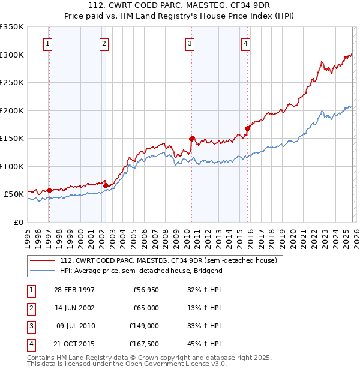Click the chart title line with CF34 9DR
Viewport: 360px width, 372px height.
coord(179,5)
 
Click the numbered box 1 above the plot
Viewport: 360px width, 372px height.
coord(47,43)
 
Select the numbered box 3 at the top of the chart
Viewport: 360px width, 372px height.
coord(190,43)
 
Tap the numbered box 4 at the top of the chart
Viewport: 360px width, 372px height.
coord(246,43)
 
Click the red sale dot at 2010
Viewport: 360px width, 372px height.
coord(192,139)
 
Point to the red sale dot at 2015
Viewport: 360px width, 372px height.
coord(248,128)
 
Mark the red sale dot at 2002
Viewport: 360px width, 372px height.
coord(106,185)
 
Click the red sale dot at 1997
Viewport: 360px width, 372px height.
coord(49,190)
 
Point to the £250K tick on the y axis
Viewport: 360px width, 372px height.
coord(12,83)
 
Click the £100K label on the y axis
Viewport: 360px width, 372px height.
coord(12,166)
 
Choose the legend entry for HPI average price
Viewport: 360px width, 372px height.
coord(141,271)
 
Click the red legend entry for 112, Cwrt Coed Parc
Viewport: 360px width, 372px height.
coord(168,260)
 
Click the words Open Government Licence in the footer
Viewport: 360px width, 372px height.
coord(175,364)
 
